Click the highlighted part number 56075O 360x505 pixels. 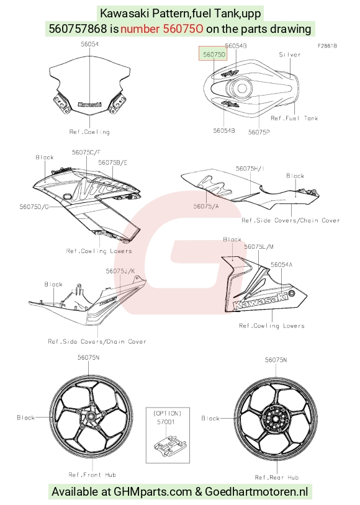click(x=214, y=55)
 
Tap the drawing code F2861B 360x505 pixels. click(x=327, y=46)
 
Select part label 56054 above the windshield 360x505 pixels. click(x=89, y=44)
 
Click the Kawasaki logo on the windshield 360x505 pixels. click(x=89, y=104)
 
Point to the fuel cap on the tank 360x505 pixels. click(x=241, y=87)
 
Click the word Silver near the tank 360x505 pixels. click(x=289, y=55)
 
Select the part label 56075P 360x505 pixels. click(x=259, y=132)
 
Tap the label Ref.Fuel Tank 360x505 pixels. click(x=294, y=118)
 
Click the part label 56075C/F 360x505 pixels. click(x=86, y=152)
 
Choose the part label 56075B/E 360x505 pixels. click(x=112, y=163)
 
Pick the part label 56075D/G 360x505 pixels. click(x=34, y=207)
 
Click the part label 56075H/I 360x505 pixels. click(x=250, y=169)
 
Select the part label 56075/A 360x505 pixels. click(x=206, y=206)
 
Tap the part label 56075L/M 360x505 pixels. click(x=259, y=247)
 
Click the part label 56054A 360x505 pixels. click(x=282, y=264)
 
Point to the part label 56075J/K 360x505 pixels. click(x=120, y=271)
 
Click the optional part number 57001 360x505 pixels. click(x=166, y=422)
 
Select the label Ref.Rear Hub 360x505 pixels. click(x=277, y=477)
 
